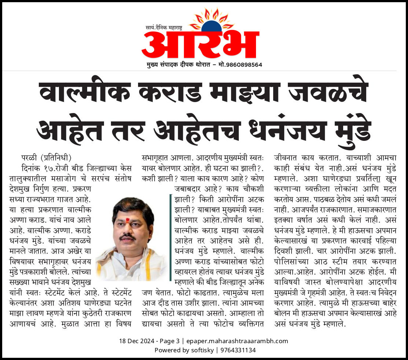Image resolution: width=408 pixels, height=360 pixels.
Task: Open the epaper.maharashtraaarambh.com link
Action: (237, 341)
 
